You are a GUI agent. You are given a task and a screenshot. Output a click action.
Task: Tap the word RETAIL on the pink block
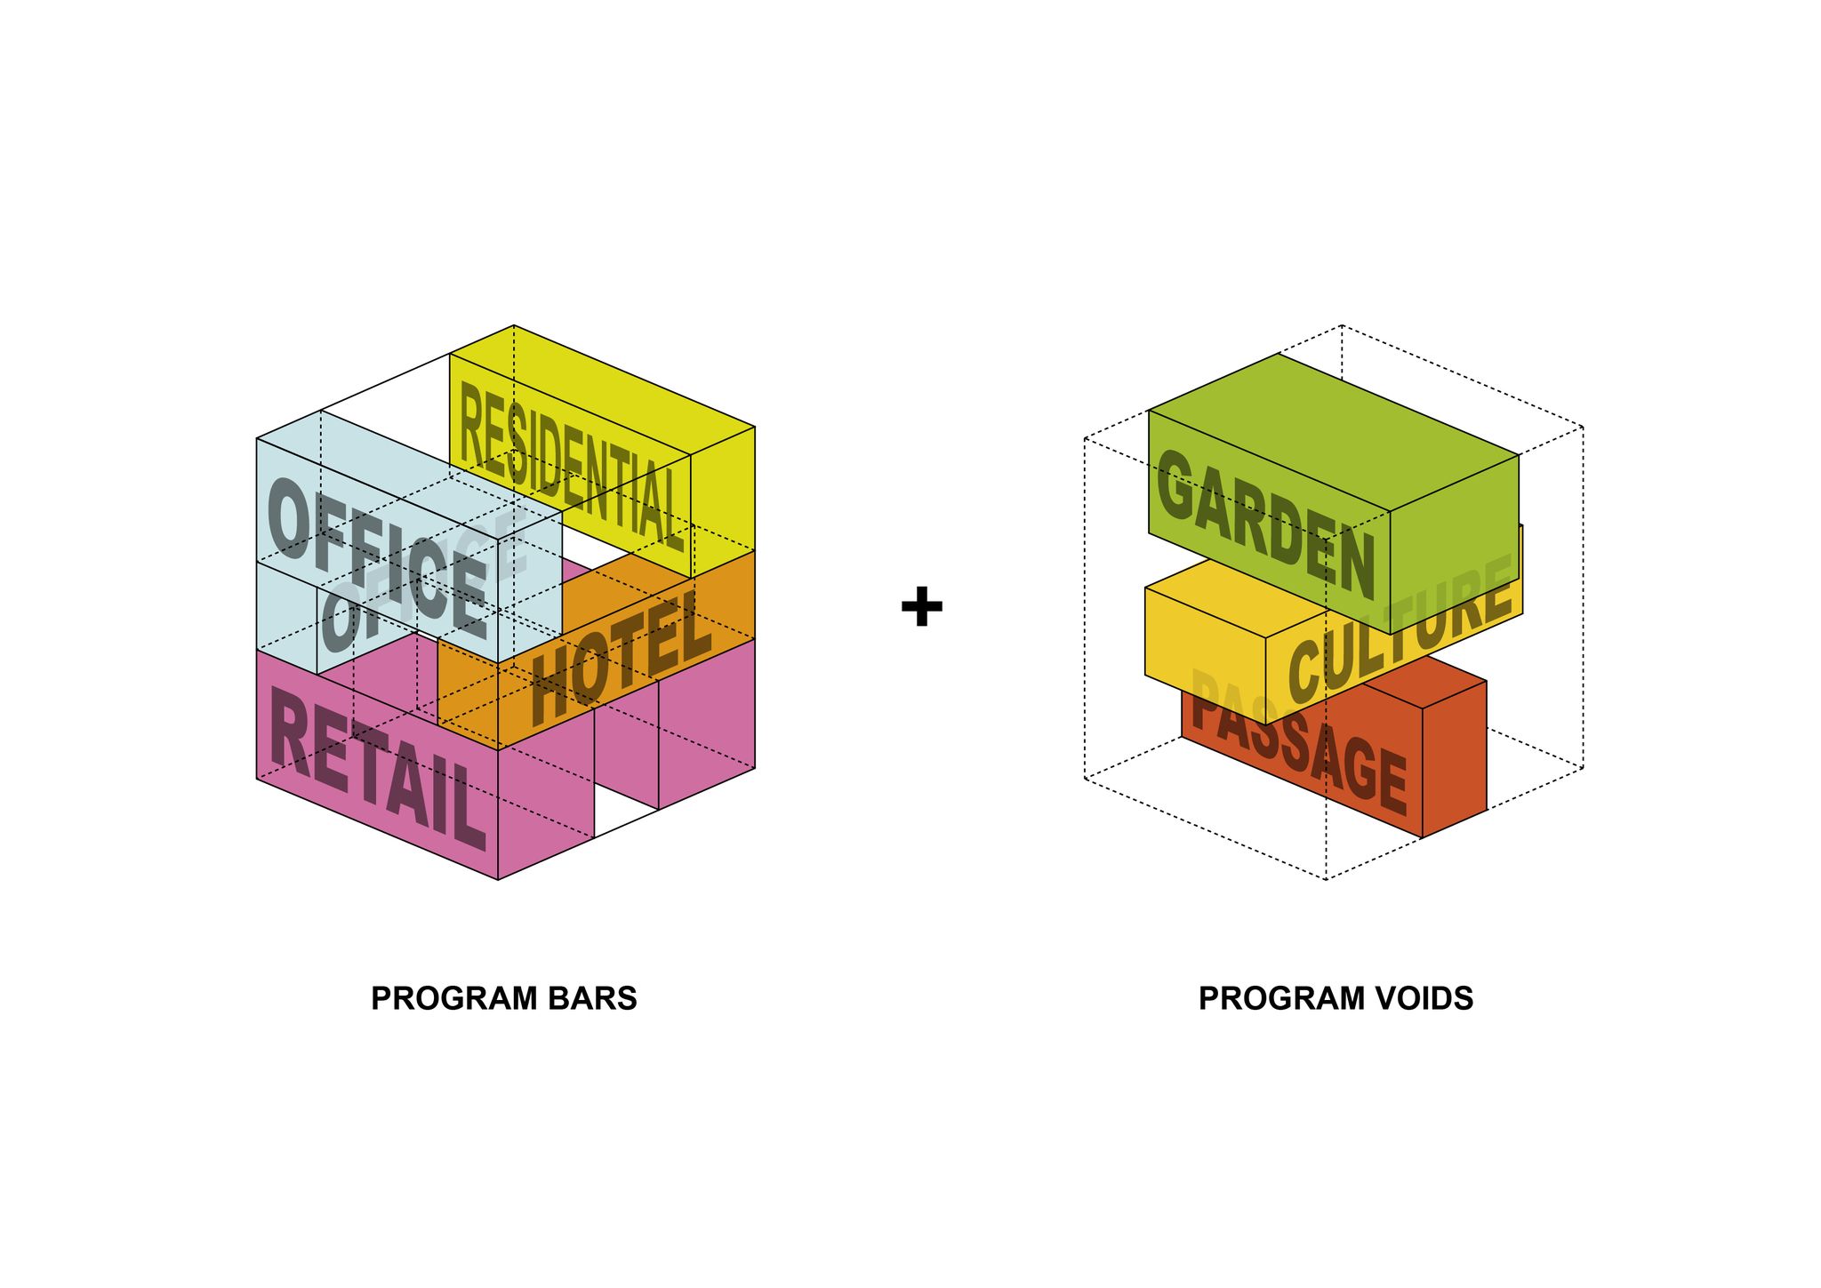[378, 768]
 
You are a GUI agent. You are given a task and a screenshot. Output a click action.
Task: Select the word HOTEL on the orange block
[621, 658]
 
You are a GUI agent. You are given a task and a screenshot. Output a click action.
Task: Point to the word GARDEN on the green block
[1265, 524]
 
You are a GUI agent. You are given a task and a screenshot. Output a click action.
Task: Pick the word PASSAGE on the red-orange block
[1298, 742]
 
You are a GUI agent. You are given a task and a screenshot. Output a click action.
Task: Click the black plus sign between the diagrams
[921, 606]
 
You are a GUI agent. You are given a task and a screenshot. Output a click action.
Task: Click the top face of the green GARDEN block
[1334, 433]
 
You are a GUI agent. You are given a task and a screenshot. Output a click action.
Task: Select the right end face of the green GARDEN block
[1455, 544]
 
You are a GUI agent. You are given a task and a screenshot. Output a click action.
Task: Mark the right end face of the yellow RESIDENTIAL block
[723, 502]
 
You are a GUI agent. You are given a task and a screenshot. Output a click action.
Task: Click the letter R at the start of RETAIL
[289, 728]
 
